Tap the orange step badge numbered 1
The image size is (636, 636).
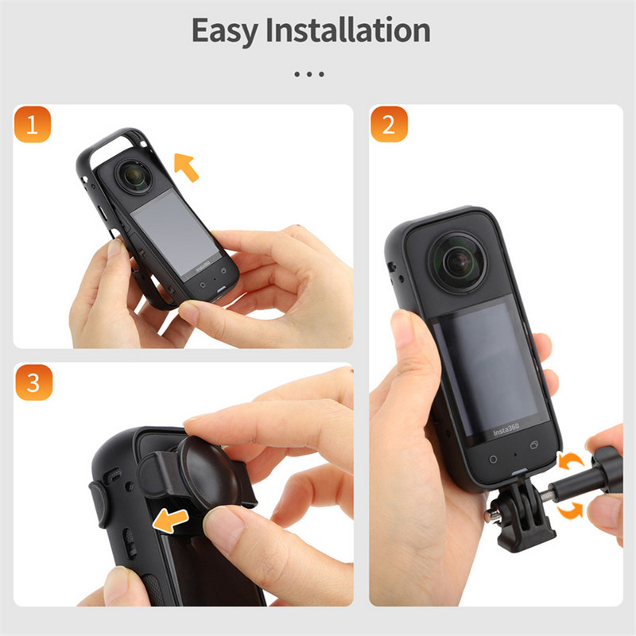(33, 124)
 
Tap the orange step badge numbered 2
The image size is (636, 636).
(389, 124)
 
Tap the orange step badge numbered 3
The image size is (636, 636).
(33, 382)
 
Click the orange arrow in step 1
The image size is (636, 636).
(185, 167)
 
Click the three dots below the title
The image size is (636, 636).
(310, 74)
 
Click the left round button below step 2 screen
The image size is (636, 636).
(493, 459)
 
